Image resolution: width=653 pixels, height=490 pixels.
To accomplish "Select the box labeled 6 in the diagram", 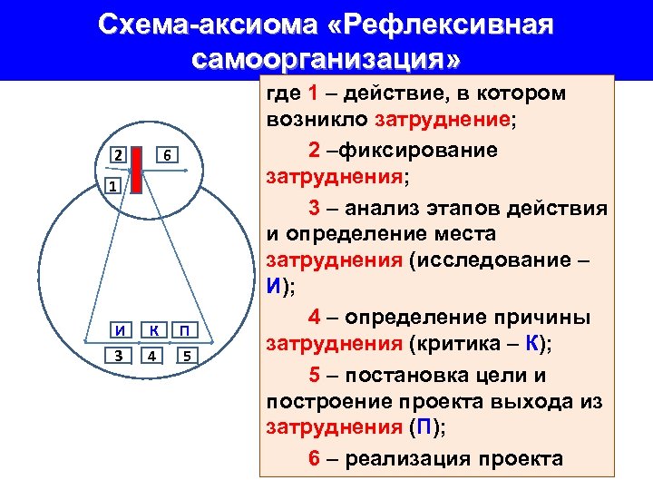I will point(168,155).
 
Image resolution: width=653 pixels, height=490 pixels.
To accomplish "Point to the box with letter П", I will point(185,328).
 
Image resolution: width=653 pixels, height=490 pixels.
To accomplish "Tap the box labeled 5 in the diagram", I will point(185,355).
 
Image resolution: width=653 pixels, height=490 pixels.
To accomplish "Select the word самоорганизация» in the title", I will point(326,60).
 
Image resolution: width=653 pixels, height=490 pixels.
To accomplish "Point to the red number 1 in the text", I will point(313,93).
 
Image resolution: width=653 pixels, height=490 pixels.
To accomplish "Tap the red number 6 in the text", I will point(314,458).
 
